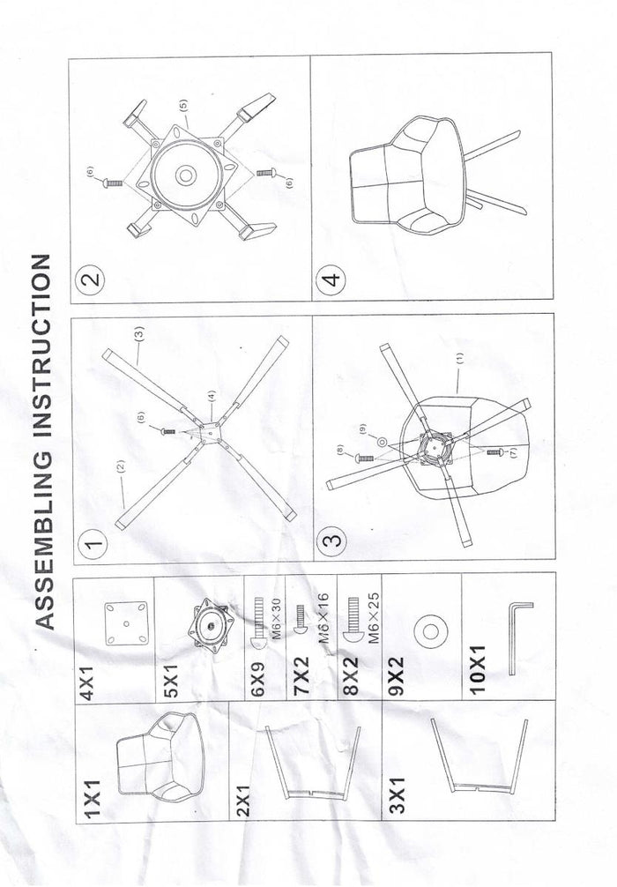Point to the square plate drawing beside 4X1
tap(123, 622)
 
